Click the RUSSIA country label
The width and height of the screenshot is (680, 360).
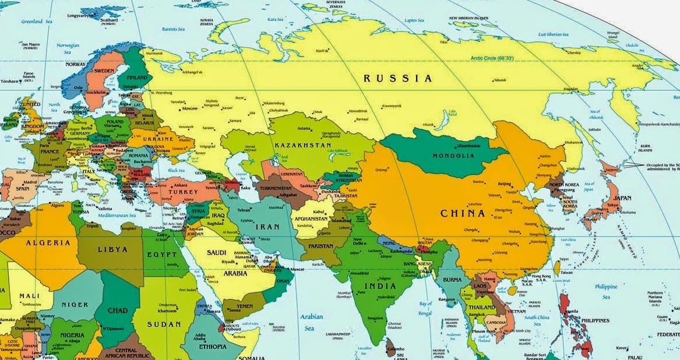click(x=398, y=78)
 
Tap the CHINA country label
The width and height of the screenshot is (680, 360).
click(x=463, y=213)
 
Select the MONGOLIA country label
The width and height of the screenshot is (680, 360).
click(x=453, y=156)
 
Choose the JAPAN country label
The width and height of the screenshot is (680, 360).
click(x=622, y=198)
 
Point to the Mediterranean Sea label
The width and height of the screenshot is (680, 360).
click(x=116, y=215)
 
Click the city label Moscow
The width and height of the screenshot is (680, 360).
click(x=189, y=109)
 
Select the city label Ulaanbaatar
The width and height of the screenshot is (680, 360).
click(x=455, y=145)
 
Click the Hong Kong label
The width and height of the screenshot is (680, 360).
click(x=541, y=276)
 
